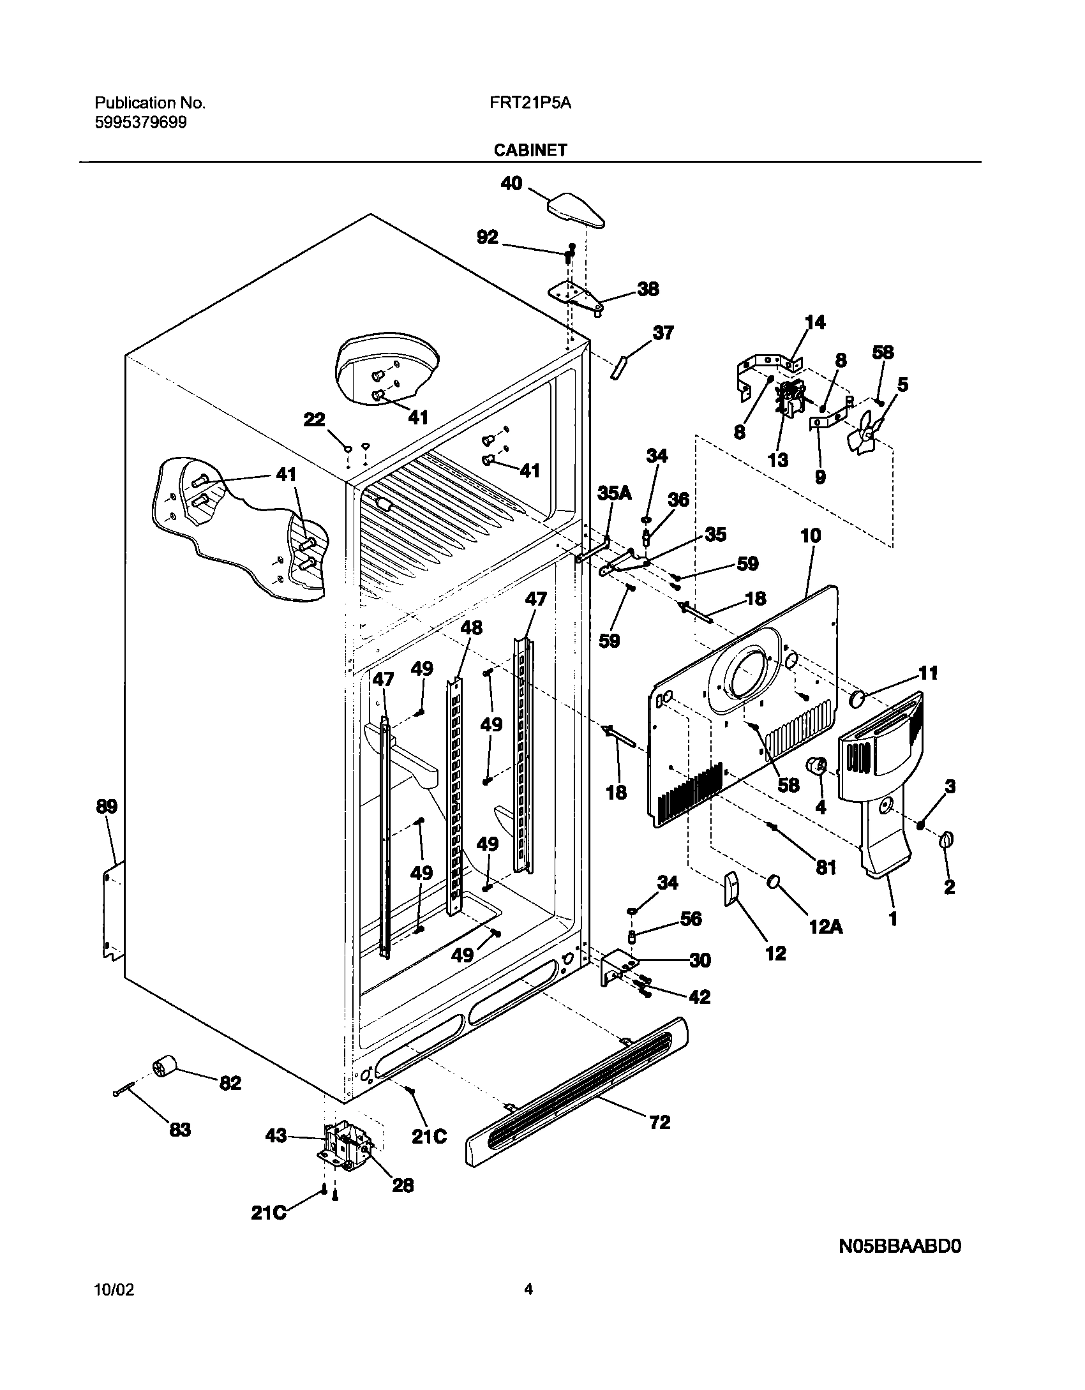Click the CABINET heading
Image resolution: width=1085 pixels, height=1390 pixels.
pos(530,150)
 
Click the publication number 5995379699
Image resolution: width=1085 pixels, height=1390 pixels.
pos(141,123)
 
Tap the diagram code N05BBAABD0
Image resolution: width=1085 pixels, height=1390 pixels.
pos(899,1246)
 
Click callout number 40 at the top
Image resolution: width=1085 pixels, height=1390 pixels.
pos(511,184)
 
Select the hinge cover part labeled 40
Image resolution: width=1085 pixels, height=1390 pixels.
pos(576,211)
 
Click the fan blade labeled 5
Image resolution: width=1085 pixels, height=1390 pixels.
pos(865,434)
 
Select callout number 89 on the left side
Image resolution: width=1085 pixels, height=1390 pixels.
pos(107,807)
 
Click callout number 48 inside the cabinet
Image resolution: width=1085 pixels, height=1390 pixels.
pos(472,628)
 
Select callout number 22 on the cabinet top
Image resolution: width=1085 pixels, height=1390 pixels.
pos(315,420)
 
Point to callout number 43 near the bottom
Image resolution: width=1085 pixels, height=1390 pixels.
pos(276,1136)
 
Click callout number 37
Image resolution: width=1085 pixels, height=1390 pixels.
pos(663,333)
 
